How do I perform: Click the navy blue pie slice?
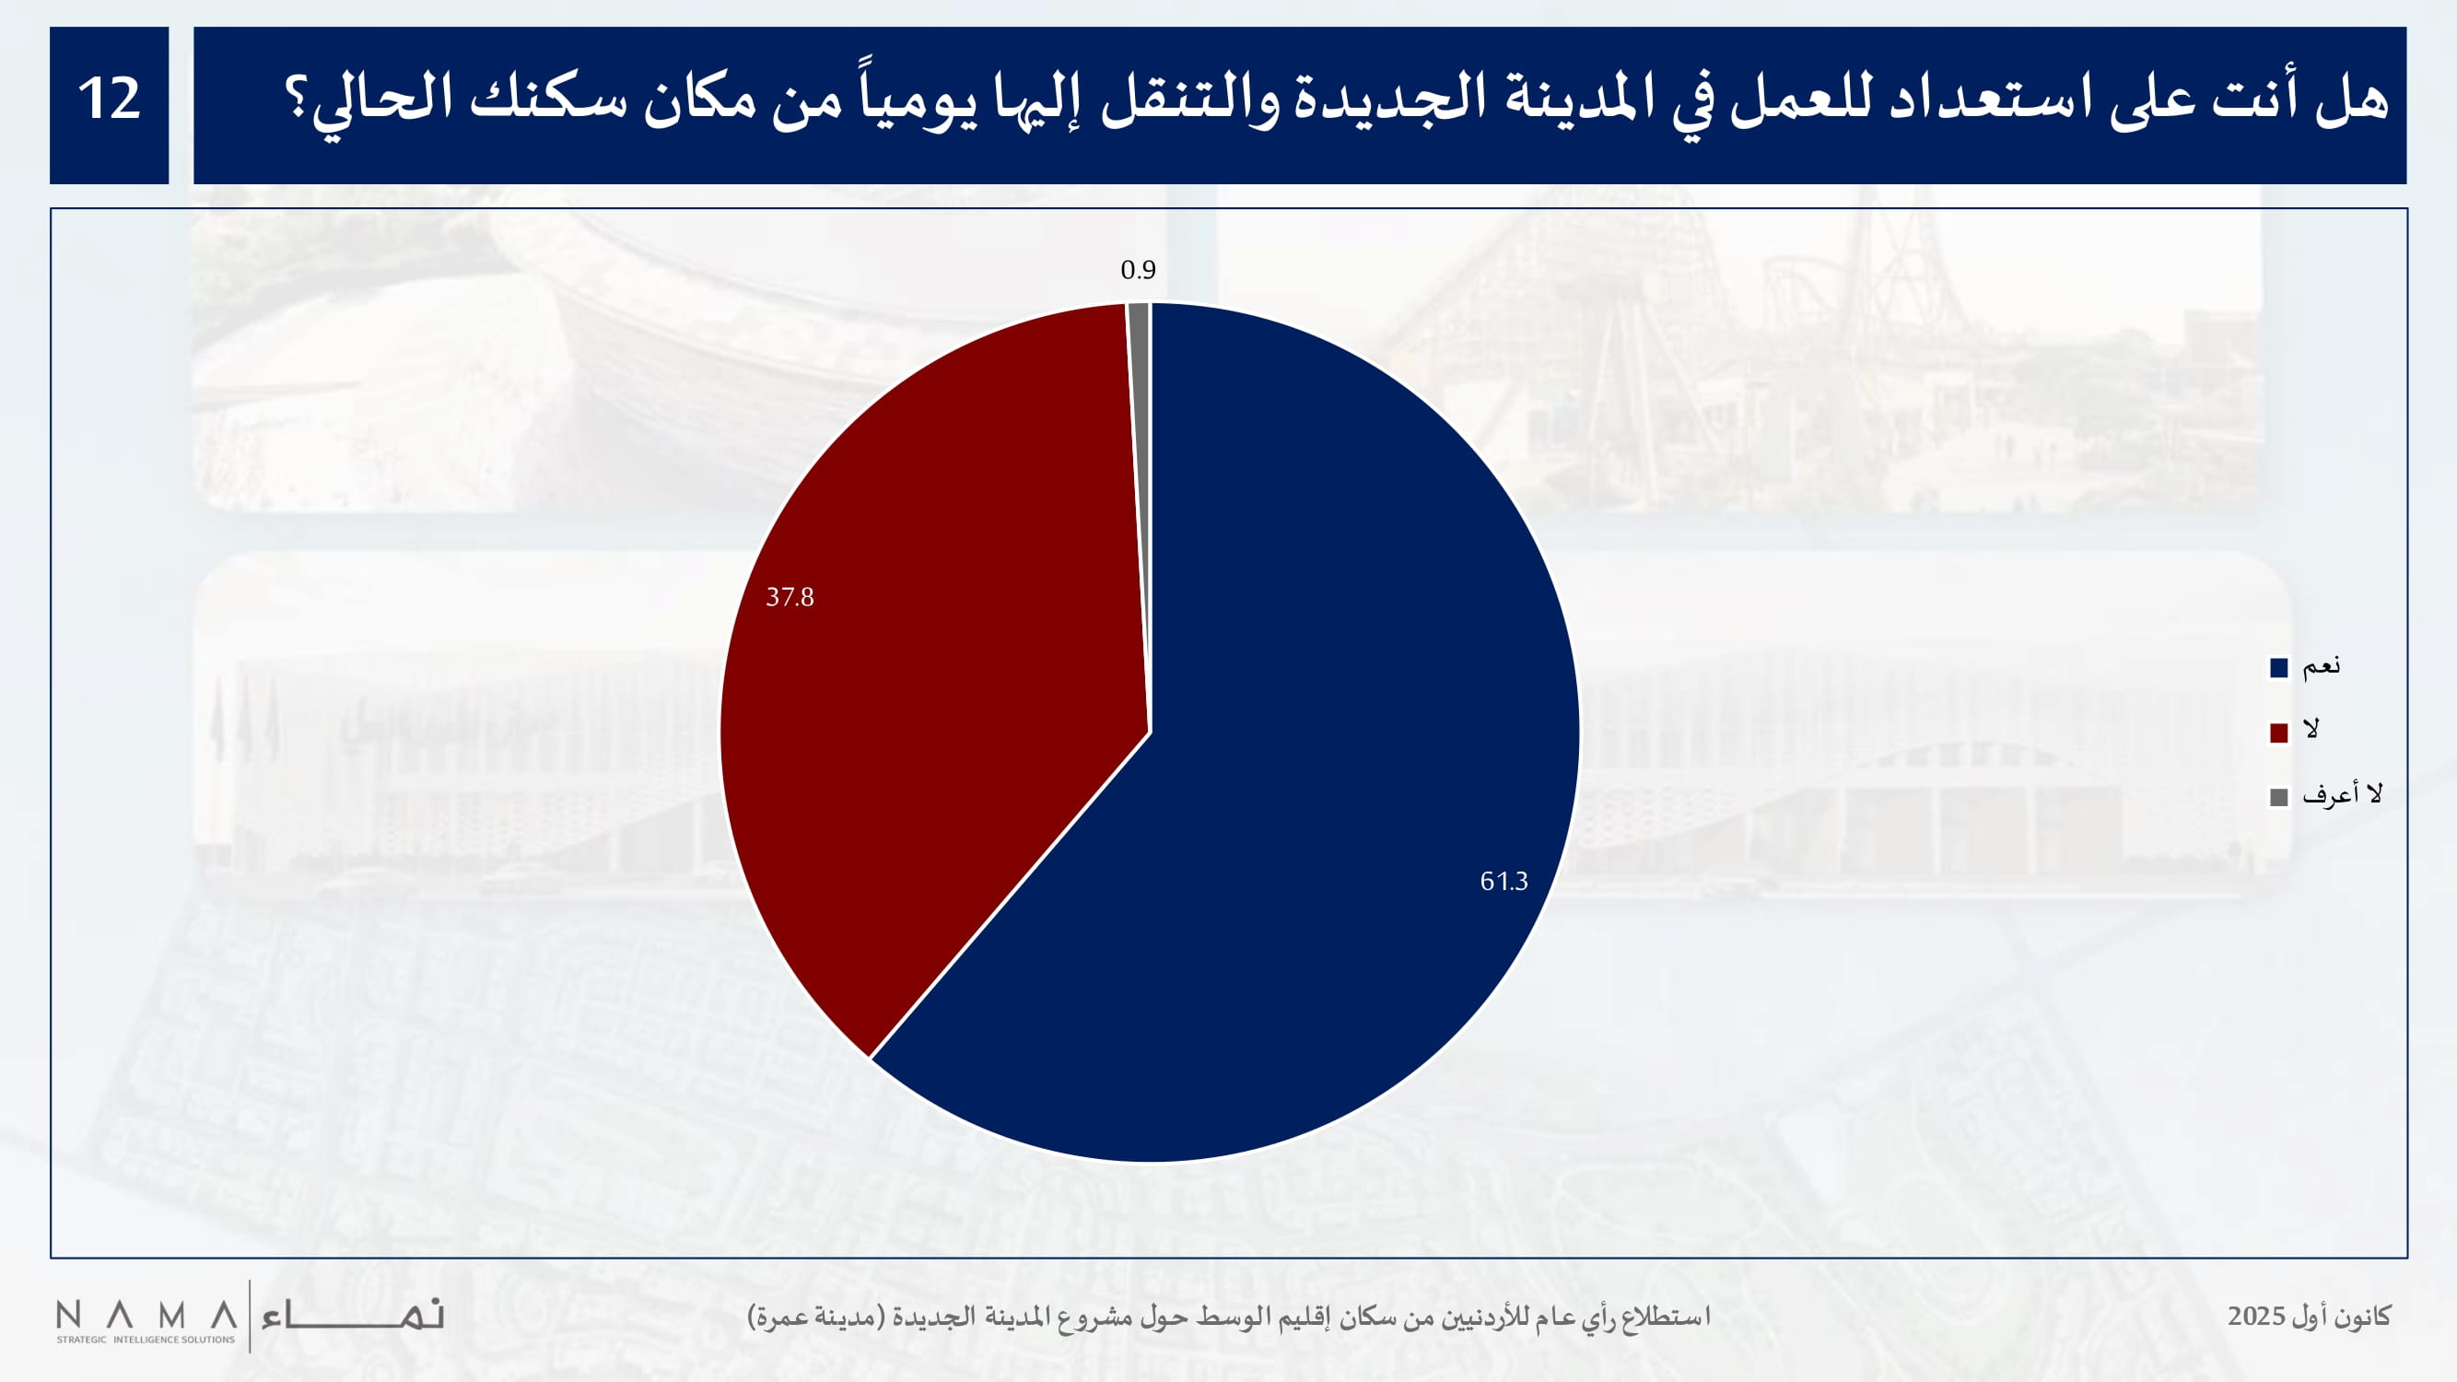[1288, 811]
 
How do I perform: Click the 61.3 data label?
[1503, 882]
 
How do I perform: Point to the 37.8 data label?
[790, 597]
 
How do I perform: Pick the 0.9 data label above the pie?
[1138, 270]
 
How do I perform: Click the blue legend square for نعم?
[2278, 668]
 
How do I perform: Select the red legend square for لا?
[2278, 732]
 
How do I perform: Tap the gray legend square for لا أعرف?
[2278, 797]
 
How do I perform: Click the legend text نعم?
[2321, 666]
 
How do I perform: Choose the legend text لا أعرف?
[2342, 793]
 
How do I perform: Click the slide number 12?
[109, 100]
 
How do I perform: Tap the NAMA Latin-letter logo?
[146, 1316]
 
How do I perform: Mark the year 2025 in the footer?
[2256, 1317]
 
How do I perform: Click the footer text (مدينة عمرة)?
[815, 1317]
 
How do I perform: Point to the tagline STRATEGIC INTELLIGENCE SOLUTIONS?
[145, 1340]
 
